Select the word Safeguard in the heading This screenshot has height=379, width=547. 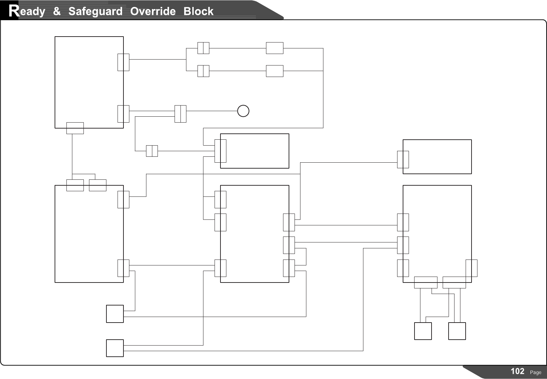coord(95,11)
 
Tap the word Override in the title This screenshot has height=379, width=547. coord(153,11)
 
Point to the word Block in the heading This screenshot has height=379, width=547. coord(198,11)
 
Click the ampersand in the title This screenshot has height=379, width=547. coord(57,11)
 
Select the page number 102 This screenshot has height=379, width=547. coord(517,371)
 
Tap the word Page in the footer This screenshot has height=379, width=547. coord(536,372)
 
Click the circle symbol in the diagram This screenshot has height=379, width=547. coord(243,111)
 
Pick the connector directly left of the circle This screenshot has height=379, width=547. coord(180,114)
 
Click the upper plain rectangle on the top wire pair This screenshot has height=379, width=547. coord(274,48)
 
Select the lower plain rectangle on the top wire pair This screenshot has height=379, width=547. coord(274,71)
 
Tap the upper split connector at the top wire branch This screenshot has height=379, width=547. coord(203,48)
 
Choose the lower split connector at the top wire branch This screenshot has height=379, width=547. coord(203,71)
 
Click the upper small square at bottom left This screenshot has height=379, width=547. coord(115,314)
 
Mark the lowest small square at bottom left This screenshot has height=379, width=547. coord(115,348)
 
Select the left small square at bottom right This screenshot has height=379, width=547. coord(423,331)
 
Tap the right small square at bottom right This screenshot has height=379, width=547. coord(457,331)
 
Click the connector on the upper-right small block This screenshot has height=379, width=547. coord(403,160)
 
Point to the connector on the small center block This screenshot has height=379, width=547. coord(220,151)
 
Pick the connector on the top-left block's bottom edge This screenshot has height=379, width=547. coord(75,128)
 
